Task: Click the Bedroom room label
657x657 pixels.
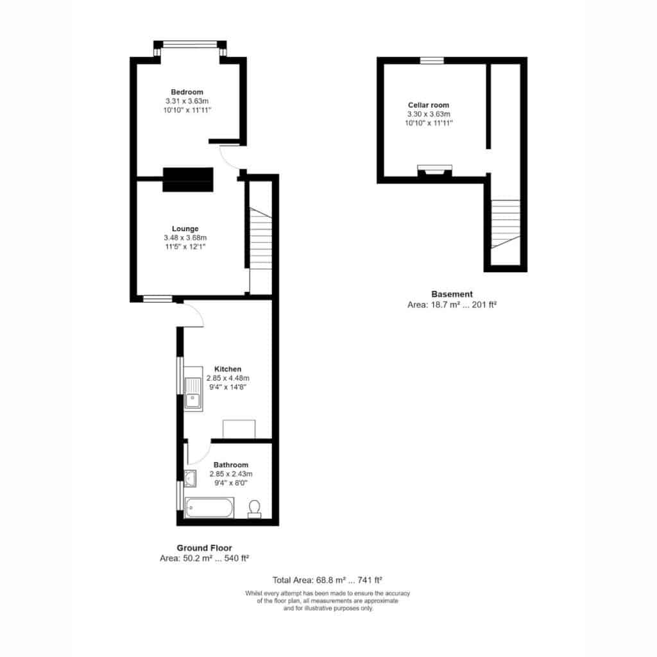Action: tap(187, 92)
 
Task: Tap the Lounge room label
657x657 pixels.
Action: tap(185, 229)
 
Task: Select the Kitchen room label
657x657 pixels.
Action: tap(228, 369)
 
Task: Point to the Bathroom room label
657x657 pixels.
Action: tap(231, 465)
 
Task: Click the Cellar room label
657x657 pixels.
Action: tap(429, 105)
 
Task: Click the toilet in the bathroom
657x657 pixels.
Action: tap(254, 509)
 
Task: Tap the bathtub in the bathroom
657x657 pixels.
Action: tap(209, 508)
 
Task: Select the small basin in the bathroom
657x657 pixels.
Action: tap(190, 479)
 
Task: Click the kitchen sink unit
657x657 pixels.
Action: tap(193, 389)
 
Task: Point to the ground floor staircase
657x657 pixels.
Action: tap(260, 239)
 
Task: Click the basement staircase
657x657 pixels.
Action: tap(506, 224)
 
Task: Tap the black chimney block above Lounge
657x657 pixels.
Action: tap(188, 180)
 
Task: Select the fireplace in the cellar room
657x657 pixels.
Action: tap(435, 171)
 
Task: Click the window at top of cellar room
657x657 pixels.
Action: tap(432, 60)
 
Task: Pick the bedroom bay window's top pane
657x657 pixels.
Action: tap(190, 44)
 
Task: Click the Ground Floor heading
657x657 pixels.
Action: tap(204, 548)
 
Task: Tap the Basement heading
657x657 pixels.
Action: tap(452, 294)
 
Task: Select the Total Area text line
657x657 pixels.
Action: tap(327, 580)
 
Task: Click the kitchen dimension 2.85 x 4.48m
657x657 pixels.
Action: tap(228, 378)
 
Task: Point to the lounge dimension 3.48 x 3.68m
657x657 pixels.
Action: tap(185, 237)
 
